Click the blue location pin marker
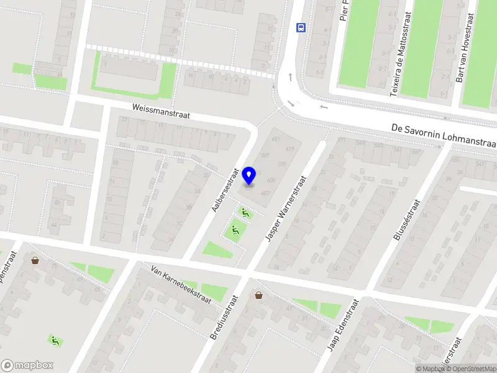pos(250,175)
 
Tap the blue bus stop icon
pos(301,27)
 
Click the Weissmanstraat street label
pos(160,111)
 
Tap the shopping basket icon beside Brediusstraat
pos(258,295)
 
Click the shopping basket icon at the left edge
pos(35,260)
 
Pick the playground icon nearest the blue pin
pos(245,213)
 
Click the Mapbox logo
pos(27,366)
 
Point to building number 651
pos(275,139)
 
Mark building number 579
pos(281,164)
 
